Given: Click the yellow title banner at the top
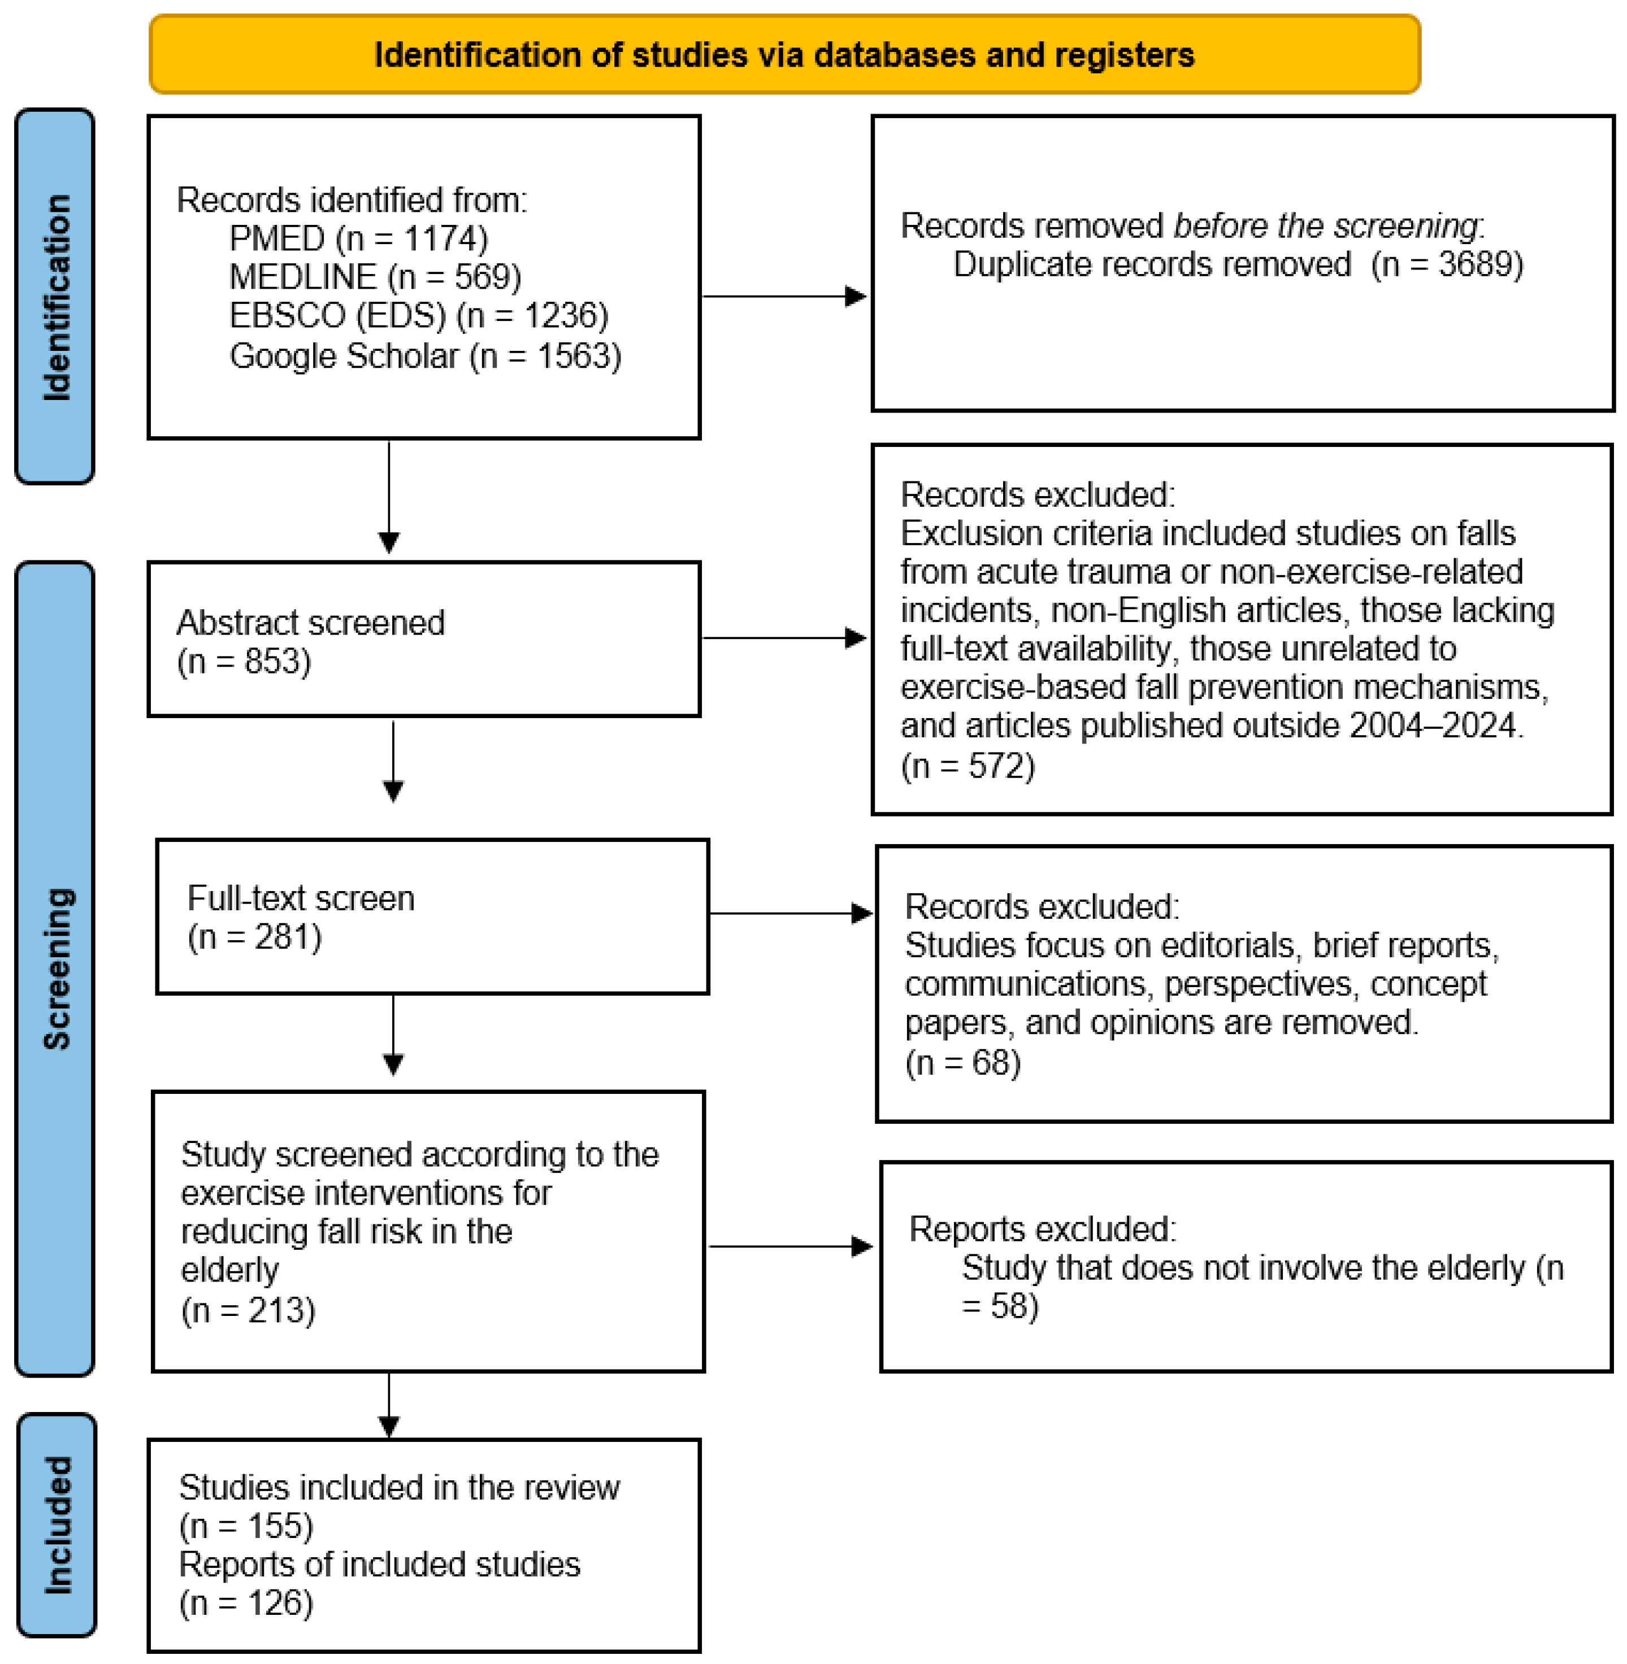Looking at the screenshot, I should coord(784,54).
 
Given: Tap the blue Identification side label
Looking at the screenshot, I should coord(55,297).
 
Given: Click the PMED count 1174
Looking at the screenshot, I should coord(444,238).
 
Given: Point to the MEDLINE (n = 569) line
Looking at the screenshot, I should coord(374,277).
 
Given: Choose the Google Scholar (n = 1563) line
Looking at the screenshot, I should coord(425,355).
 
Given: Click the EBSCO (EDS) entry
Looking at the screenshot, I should coord(337,315).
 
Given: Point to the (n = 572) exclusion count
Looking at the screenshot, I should coord(967,766).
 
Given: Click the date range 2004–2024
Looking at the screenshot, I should coord(1432,725).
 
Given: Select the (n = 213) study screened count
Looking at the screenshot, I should coord(248,1310).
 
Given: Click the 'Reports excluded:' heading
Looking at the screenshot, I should coord(1042,1228).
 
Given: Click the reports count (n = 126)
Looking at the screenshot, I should coord(246,1602).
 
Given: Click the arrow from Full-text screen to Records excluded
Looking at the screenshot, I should coord(791,913).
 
